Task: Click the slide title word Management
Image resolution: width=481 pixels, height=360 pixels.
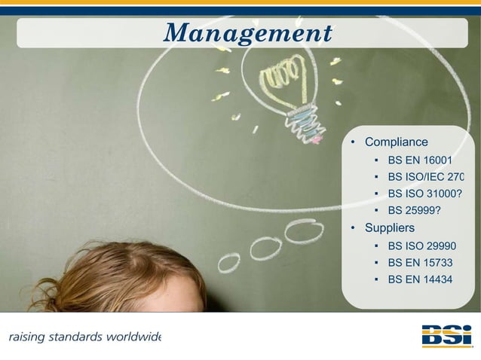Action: tap(248, 33)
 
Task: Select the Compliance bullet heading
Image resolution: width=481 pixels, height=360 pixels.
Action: tap(396, 142)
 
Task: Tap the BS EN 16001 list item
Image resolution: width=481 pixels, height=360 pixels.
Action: tap(419, 160)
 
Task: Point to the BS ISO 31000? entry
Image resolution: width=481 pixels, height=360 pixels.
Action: tap(424, 193)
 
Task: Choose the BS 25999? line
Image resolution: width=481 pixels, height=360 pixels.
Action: tap(414, 209)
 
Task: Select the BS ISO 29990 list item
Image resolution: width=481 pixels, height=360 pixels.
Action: tap(421, 246)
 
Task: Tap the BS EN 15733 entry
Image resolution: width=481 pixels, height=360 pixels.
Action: tap(420, 263)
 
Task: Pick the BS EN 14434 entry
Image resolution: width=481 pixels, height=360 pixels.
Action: tap(420, 280)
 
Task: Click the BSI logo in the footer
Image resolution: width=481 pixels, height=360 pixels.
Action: tap(446, 335)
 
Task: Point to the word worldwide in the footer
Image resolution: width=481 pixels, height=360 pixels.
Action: tap(134, 336)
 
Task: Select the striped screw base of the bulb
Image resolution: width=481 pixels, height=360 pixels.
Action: tap(303, 123)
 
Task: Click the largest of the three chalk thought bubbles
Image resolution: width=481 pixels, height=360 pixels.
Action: tap(304, 230)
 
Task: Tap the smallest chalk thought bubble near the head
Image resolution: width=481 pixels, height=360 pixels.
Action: tap(228, 263)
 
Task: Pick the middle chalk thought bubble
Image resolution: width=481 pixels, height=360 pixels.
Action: tap(265, 247)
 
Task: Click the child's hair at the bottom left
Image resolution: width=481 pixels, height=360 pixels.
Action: tap(113, 279)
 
